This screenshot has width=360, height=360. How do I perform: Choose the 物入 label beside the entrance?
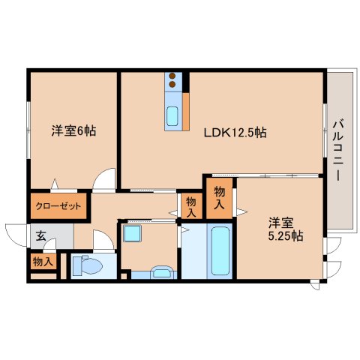click(x=42, y=262)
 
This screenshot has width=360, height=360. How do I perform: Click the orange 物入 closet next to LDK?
click(x=219, y=197)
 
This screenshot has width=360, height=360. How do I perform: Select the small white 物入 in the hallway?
click(x=191, y=205)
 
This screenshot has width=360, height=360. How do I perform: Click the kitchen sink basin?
click(x=172, y=117)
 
